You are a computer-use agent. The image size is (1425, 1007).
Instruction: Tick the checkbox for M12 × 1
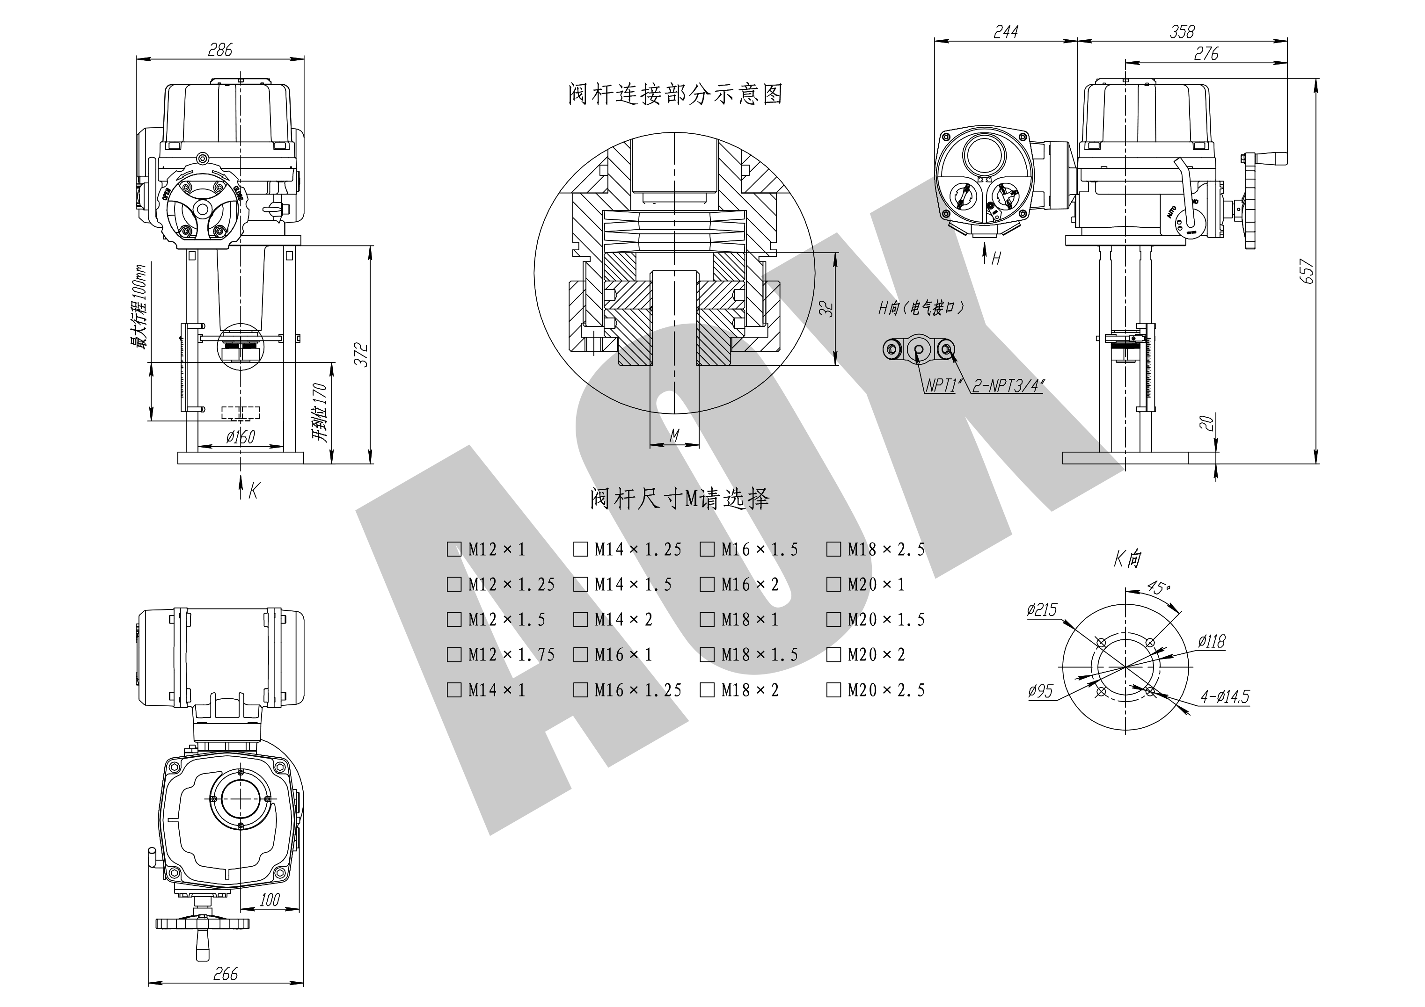click(x=454, y=549)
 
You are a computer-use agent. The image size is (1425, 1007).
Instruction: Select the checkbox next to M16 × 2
click(x=707, y=585)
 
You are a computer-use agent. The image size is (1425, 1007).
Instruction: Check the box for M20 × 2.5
click(x=833, y=690)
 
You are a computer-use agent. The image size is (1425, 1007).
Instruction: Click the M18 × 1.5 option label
click(x=759, y=655)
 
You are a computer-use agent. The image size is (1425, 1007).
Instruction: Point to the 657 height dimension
click(x=1307, y=271)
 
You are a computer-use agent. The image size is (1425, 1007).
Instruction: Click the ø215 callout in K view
click(x=1042, y=610)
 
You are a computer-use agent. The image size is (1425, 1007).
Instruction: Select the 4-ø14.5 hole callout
click(x=1225, y=697)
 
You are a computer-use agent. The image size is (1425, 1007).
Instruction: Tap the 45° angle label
click(x=1159, y=587)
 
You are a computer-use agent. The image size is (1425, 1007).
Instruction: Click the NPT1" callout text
click(x=940, y=386)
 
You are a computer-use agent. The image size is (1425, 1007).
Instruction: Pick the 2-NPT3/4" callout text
click(x=1007, y=386)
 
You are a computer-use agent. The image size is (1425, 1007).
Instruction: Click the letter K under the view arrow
click(x=253, y=492)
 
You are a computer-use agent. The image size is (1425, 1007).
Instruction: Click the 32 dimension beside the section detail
click(x=827, y=308)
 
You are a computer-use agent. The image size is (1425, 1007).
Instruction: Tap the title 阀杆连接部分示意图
click(x=675, y=94)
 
